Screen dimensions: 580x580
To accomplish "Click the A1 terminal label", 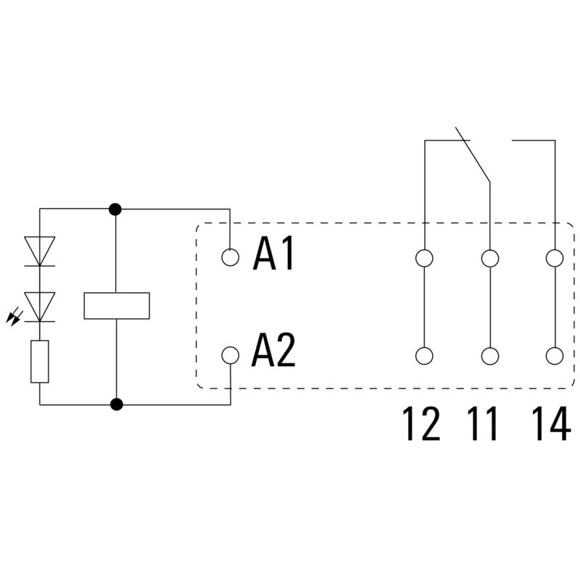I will pos(274,255).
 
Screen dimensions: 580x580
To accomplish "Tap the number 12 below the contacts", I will pos(421,424).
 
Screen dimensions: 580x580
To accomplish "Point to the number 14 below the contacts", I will pos(550,424).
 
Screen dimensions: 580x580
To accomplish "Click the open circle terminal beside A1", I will pos(231,257).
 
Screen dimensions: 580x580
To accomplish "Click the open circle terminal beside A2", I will pos(231,355).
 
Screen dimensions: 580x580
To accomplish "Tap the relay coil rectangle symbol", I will pos(116,305).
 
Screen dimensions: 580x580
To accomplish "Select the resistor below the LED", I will pos(40,361).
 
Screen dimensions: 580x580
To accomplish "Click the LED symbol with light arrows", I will pos(40,307).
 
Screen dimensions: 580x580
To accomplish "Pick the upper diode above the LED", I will pos(40,252).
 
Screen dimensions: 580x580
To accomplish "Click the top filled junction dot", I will pos(115,210).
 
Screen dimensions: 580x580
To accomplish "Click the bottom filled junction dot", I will pos(115,405).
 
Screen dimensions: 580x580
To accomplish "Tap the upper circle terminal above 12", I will pos(424,257).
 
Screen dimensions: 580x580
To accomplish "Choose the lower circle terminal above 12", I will pos(424,355).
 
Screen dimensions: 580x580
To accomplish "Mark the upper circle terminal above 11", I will pos(490,257).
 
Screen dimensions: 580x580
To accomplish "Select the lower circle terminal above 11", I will pos(490,355).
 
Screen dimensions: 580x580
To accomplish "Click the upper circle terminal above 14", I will pos(555,257).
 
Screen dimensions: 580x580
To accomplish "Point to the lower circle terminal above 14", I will pos(555,355).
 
